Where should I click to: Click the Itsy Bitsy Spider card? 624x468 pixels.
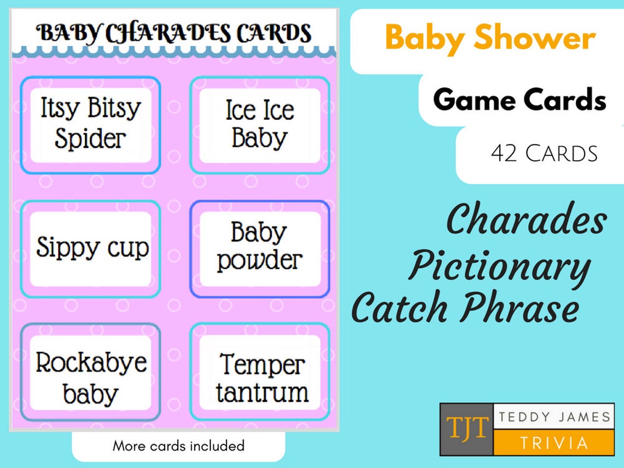90,125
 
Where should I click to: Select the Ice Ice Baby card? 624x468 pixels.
259,125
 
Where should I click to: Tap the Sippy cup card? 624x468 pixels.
91,249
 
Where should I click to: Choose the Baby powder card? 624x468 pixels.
259,249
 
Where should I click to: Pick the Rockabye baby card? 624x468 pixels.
91,378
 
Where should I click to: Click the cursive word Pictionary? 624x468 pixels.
499,267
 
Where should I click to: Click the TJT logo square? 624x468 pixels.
466,430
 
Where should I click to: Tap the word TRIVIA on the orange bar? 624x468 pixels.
554,443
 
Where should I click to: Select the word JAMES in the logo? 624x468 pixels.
582,418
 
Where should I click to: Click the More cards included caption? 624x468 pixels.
178,446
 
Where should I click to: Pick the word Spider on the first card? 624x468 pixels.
90,139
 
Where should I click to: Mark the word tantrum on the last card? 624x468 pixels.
262,392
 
